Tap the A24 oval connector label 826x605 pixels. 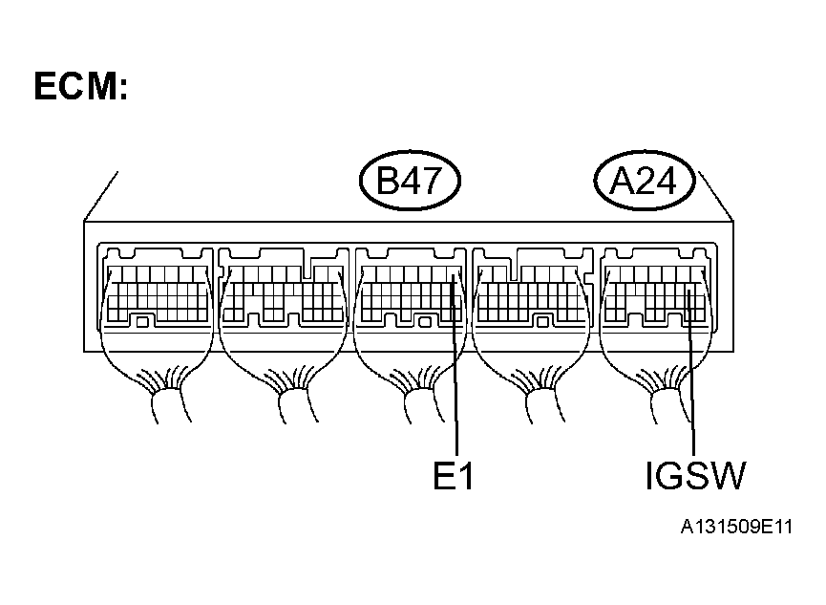pyautogui.click(x=644, y=180)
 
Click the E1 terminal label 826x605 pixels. pyautogui.click(x=454, y=475)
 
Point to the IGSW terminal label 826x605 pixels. pyautogui.click(x=694, y=475)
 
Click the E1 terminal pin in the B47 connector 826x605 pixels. pyautogui.click(x=453, y=277)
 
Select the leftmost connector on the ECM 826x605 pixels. pyautogui.click(x=158, y=287)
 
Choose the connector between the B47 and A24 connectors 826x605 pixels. pyautogui.click(x=534, y=287)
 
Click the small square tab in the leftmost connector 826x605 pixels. pyautogui.click(x=142, y=322)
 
